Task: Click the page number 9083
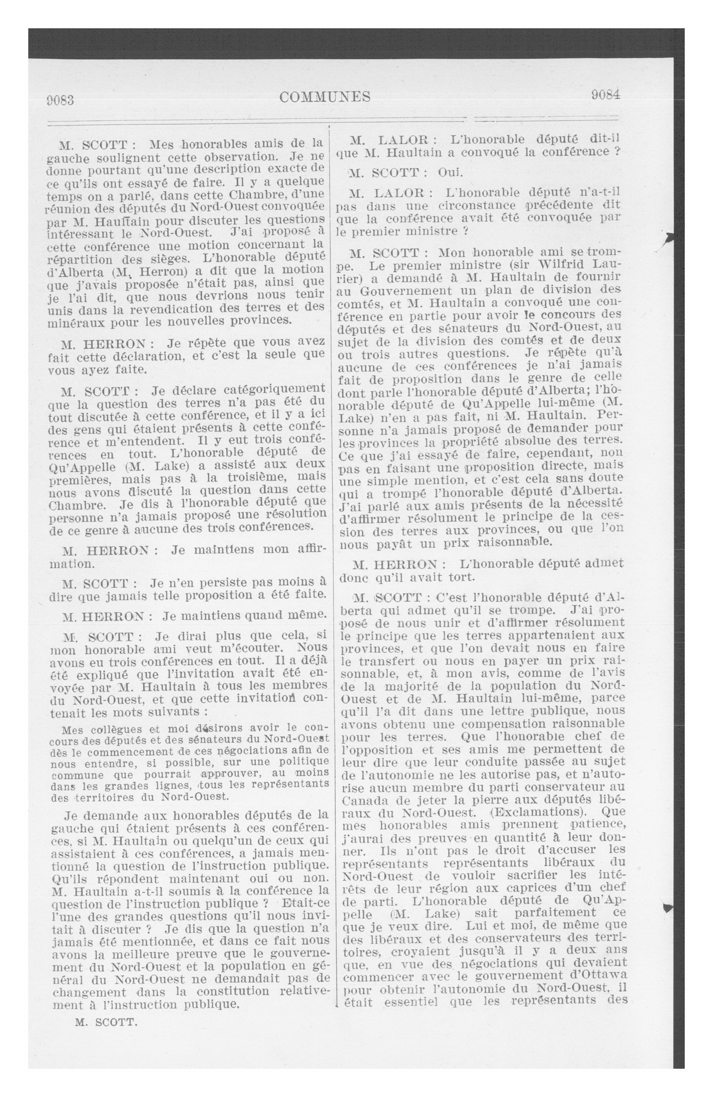pyautogui.click(x=60, y=100)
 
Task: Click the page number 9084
pyautogui.click(x=606, y=95)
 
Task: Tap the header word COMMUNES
pyautogui.click(x=325, y=97)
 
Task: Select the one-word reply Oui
pyautogui.click(x=450, y=173)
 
